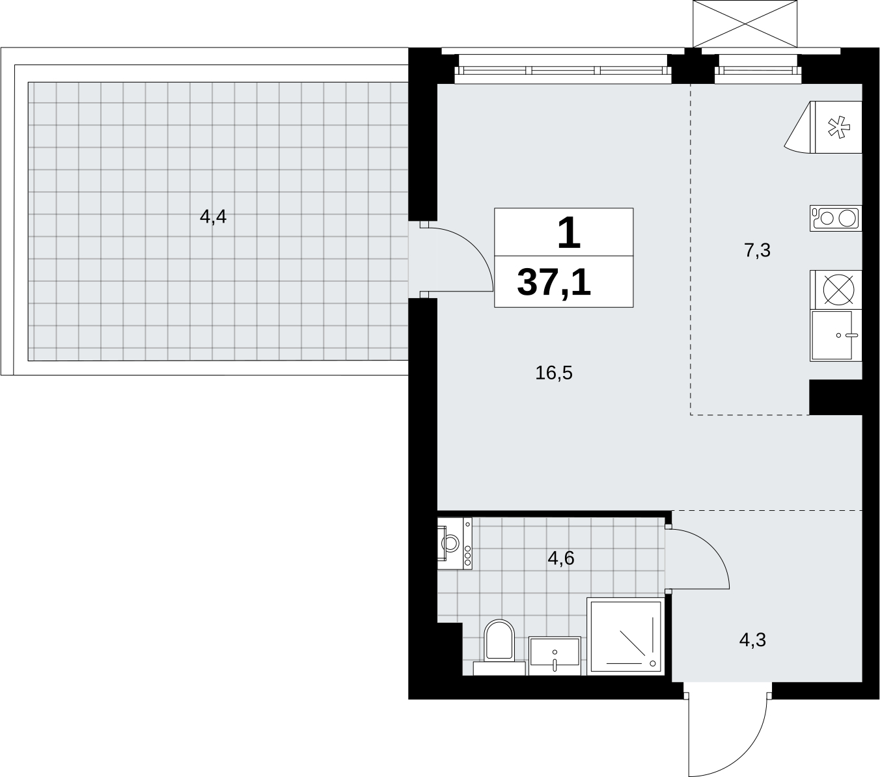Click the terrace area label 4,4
point(213,217)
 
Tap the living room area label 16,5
point(554,373)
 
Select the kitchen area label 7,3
point(758,251)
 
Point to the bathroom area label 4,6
point(561,558)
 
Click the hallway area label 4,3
point(752,640)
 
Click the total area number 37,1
point(555,282)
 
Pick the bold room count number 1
point(569,233)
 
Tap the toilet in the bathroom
point(499,647)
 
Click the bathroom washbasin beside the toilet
point(555,656)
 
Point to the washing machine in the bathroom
point(455,543)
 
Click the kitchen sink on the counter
point(836,335)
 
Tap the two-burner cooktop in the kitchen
point(836,218)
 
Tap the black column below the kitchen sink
point(836,397)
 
